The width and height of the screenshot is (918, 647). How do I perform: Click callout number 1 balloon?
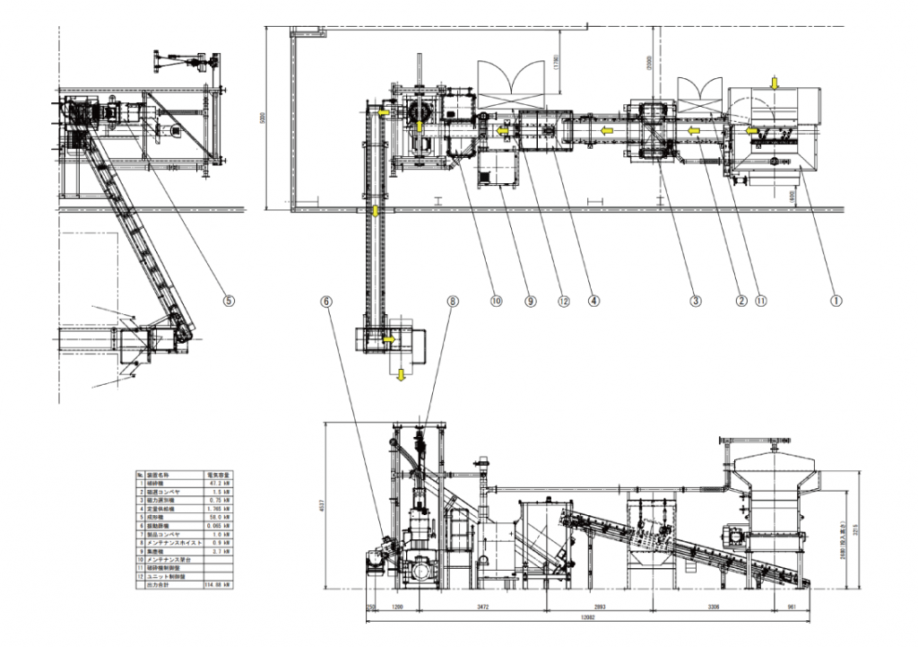coord(836,302)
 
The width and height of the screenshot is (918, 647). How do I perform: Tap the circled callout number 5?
coord(229,302)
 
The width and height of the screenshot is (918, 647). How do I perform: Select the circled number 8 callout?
coord(452,302)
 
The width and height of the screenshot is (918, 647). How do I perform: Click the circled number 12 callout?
coord(561,302)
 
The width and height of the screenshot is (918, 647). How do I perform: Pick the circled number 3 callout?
coord(694,302)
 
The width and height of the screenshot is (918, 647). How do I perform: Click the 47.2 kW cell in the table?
coord(219,482)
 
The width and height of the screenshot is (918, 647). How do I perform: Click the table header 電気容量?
coord(220,473)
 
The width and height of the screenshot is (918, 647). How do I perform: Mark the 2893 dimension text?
coord(600,608)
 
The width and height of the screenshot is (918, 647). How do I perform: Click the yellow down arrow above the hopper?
coord(775,83)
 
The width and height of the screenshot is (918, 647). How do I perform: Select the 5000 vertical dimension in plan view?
coord(261,118)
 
